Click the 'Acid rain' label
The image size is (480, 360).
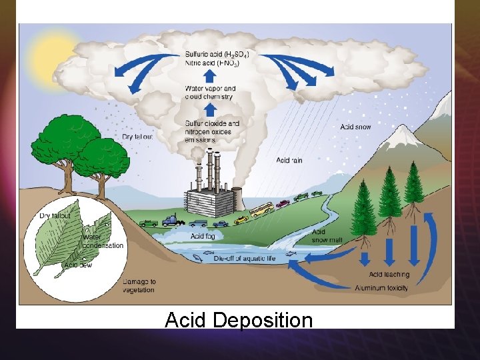pos(289,160)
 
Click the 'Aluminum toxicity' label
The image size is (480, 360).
pos(382,288)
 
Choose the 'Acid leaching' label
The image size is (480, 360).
pos(389,275)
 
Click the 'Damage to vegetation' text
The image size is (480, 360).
pos(139,286)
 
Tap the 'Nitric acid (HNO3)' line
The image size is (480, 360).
pos(209,63)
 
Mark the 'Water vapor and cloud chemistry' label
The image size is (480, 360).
pos(210,93)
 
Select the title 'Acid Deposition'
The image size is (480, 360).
pos(238,321)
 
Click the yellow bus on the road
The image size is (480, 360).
pos(261,209)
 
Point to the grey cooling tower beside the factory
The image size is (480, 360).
pos(234,198)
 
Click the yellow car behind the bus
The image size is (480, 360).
pos(241,219)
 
